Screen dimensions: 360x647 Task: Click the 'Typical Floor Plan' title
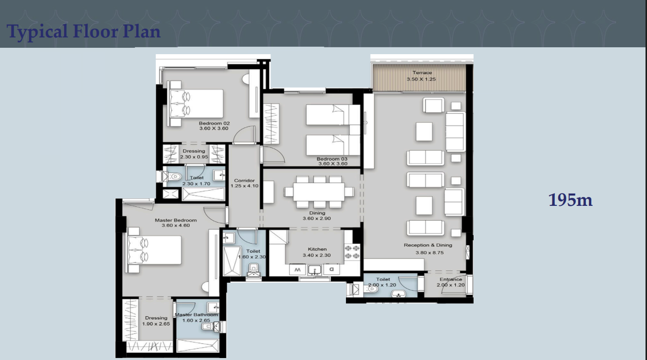pos(84,32)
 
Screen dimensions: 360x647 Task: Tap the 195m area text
pos(570,200)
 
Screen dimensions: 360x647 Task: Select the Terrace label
pos(422,73)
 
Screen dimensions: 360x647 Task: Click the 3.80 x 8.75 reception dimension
pos(427,253)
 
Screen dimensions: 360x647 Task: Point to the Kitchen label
pos(317,249)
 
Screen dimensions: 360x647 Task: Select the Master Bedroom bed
pos(154,250)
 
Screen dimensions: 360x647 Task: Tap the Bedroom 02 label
pos(214,123)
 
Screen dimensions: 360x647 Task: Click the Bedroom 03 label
pos(332,159)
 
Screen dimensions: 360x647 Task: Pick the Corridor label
pos(244,181)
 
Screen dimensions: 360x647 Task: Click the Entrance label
pos(450,279)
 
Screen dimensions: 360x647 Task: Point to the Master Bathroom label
pos(196,315)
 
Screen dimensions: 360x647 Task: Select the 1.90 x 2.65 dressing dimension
pos(156,324)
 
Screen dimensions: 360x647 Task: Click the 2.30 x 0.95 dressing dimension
pos(194,157)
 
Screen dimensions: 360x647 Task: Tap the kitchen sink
pos(314,269)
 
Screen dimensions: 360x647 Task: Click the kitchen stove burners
pos(353,252)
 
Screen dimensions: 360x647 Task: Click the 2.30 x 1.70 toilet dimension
pos(196,184)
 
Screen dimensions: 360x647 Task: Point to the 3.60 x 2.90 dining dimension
pos(317,219)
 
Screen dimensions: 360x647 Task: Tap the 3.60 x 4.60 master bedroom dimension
pos(175,226)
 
